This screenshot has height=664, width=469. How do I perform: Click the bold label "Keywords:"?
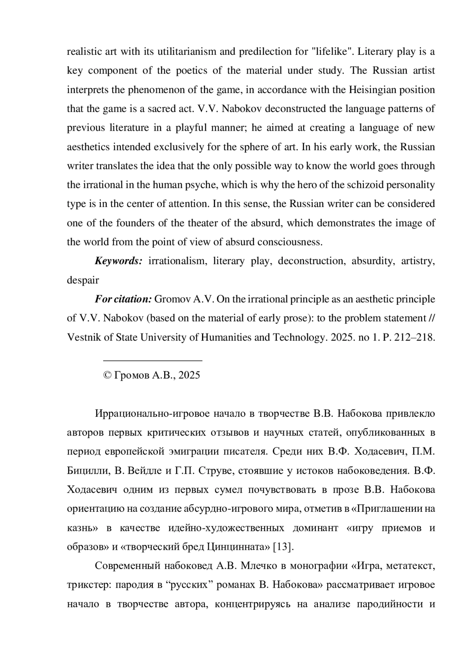click(118, 261)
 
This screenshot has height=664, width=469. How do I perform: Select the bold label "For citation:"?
click(123, 299)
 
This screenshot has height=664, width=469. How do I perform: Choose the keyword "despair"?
click(83, 280)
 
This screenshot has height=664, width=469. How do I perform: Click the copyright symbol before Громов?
click(107, 376)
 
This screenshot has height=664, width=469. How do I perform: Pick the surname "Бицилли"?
click(88, 471)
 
